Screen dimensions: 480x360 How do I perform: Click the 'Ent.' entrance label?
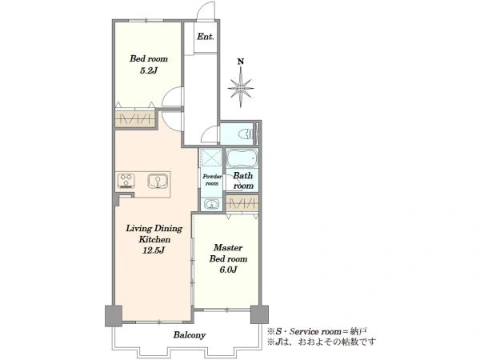(x=205, y=37)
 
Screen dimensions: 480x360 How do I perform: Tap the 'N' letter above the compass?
(x=241, y=62)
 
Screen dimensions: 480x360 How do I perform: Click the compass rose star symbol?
(x=241, y=88)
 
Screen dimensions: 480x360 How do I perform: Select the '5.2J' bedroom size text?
(x=149, y=71)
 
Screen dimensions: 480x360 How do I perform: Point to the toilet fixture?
(x=246, y=134)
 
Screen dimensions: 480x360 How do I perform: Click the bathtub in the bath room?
(x=242, y=158)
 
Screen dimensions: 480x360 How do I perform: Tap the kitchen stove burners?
(x=126, y=180)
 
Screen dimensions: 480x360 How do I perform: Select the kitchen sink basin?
(x=158, y=181)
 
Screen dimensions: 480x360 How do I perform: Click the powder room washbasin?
(x=211, y=204)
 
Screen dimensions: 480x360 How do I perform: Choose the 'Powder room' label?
(x=212, y=180)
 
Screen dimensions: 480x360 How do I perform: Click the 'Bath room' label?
(x=243, y=181)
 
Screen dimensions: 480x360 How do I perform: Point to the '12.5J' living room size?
(x=154, y=250)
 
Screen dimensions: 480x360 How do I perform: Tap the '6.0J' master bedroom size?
(x=228, y=270)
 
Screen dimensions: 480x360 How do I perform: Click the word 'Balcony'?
(x=189, y=335)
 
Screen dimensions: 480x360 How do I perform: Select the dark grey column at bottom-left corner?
(x=114, y=316)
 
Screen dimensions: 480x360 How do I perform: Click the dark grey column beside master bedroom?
(x=259, y=314)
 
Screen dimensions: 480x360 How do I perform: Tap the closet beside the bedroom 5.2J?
(x=134, y=118)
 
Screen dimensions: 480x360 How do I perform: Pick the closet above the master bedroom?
(x=242, y=203)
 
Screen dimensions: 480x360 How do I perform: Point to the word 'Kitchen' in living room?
(x=154, y=239)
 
